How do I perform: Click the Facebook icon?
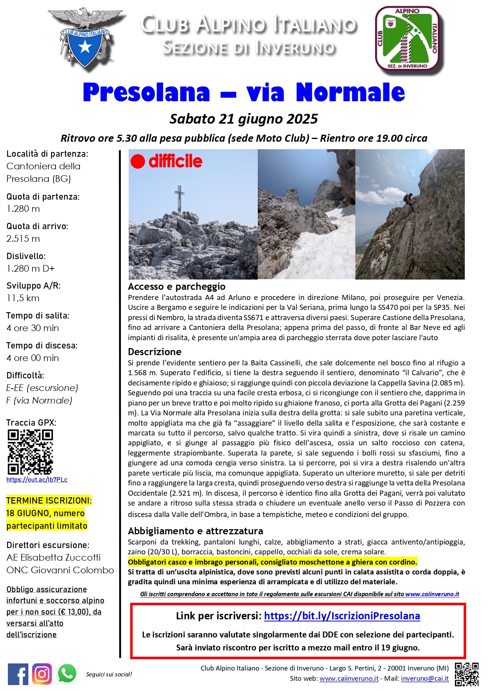[18, 674]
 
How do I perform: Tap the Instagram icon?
[42, 674]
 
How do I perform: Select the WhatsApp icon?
[67, 674]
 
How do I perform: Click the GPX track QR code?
[30, 452]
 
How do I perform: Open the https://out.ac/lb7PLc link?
[37, 480]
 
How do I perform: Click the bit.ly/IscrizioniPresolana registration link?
[342, 616]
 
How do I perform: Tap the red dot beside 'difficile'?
[138, 161]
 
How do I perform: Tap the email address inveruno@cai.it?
[425, 678]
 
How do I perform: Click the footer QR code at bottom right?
[467, 674]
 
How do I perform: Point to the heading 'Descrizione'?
[155, 352]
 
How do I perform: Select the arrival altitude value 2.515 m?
[23, 239]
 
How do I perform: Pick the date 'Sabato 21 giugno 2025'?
[244, 119]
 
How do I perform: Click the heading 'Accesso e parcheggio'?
[177, 286]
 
